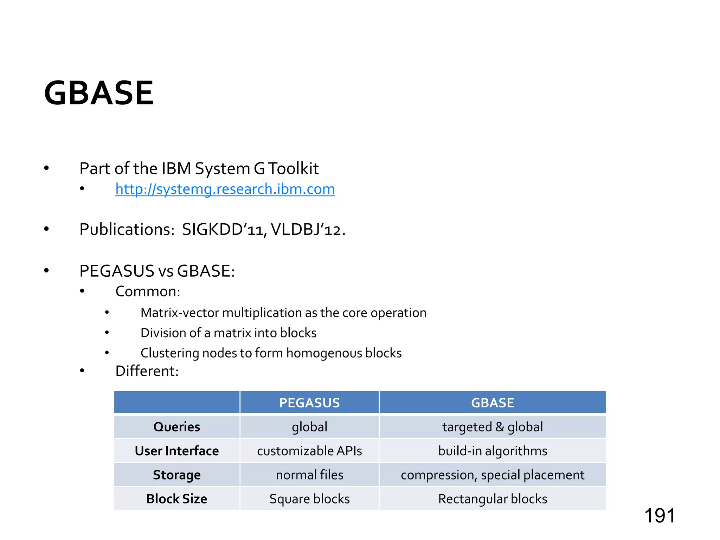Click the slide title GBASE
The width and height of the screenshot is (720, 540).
point(99,93)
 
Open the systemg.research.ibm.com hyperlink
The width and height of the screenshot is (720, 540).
point(225,189)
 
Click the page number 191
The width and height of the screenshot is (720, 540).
point(660,516)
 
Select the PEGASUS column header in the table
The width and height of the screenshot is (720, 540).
point(309,403)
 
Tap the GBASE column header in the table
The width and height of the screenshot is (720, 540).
point(493,403)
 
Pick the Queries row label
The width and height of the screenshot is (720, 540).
point(177,427)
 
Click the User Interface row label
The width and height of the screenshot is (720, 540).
point(177,451)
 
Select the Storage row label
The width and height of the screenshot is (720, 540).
point(177,475)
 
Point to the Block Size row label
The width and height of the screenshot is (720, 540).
point(177,499)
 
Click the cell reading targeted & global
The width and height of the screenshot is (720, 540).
point(493,427)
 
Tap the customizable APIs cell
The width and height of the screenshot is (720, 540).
point(309,451)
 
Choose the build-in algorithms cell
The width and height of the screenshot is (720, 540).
point(493,451)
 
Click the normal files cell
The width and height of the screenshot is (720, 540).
point(309,475)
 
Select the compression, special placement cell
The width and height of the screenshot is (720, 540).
point(493,475)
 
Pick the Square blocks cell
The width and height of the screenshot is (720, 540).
point(309,499)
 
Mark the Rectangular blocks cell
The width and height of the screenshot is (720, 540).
point(493,499)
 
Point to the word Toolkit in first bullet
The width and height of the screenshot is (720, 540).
point(294,169)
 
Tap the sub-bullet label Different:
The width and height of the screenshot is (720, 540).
point(147,371)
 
